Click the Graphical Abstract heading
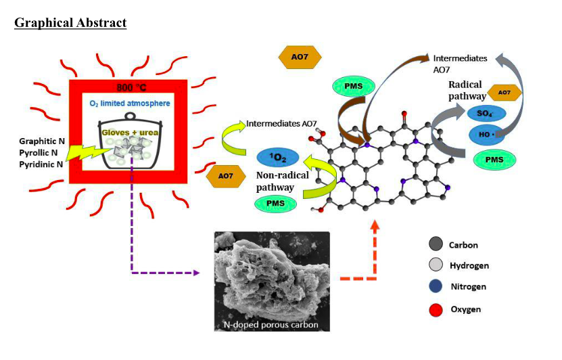pyautogui.click(x=70, y=23)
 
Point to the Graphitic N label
pyautogui.click(x=43, y=141)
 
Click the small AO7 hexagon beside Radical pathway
pyautogui.click(x=504, y=92)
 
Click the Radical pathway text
pyautogui.click(x=465, y=90)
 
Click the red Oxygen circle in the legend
pyautogui.click(x=436, y=309)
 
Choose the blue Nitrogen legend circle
pyautogui.click(x=436, y=287)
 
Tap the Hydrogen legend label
pyautogui.click(x=469, y=266)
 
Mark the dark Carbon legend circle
pyautogui.click(x=436, y=244)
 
